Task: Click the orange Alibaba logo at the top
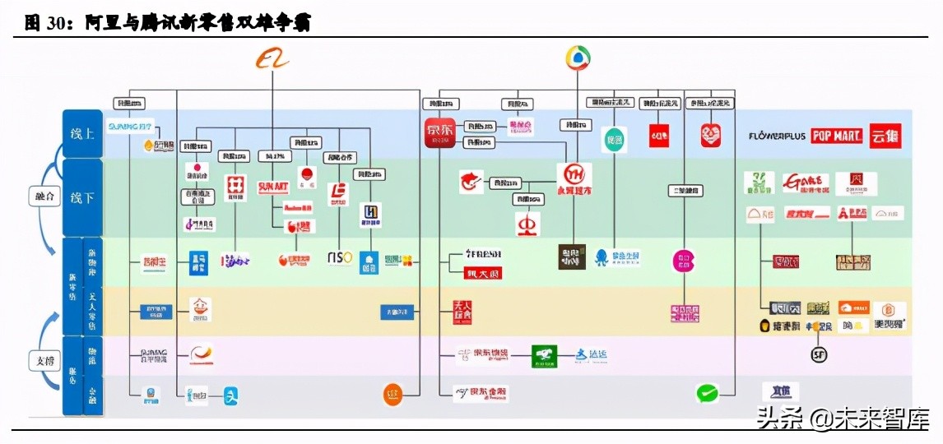click(x=273, y=58)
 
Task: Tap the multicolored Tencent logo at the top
click(x=578, y=58)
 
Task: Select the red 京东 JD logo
click(x=439, y=132)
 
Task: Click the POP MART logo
click(x=836, y=136)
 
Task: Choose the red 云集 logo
click(x=885, y=136)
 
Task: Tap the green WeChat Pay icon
click(x=707, y=393)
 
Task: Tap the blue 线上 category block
click(x=82, y=133)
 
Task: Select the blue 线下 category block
click(x=82, y=197)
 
